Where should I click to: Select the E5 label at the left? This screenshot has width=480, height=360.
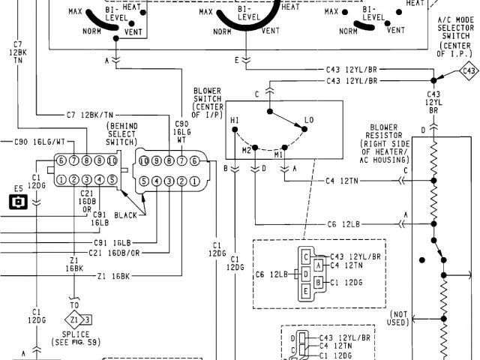[18, 189]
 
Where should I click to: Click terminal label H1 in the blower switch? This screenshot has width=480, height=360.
[235, 121]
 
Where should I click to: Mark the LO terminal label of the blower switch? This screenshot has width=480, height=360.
[309, 121]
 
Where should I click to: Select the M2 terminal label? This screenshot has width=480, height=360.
[247, 151]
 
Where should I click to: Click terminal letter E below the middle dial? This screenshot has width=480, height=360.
[237, 58]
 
